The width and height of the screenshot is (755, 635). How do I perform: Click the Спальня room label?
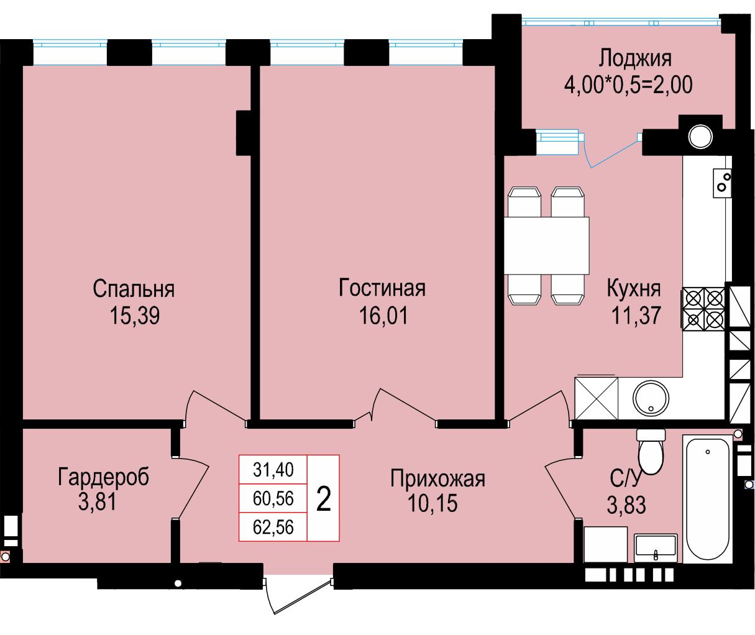coord(134,288)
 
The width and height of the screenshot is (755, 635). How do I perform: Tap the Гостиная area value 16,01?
coord(383,315)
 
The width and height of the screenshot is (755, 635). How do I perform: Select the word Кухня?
coord(633,288)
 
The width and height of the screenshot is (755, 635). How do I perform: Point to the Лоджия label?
coord(635,58)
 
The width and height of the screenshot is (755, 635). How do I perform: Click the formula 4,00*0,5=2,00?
coord(628,85)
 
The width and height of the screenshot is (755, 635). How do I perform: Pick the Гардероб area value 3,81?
coord(98,501)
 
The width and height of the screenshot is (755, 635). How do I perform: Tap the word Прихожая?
coord(437,478)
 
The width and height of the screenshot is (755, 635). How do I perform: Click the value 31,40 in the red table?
coord(273,470)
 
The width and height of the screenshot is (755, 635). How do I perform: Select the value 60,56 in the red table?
coord(273,498)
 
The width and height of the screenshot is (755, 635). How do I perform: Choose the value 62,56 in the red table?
coord(273,528)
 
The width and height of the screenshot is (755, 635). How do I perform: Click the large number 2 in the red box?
coord(323,499)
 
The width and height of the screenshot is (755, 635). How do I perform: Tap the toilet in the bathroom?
coord(651,452)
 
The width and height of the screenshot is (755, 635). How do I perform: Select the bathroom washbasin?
coord(656,547)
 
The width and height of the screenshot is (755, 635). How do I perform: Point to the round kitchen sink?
coord(651,398)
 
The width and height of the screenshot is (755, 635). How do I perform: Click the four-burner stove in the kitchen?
coord(703,309)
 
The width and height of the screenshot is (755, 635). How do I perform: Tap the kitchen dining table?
coord(546,245)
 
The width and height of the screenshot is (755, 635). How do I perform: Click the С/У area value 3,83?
coord(626,505)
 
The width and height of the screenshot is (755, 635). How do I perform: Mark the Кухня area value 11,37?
coord(636,315)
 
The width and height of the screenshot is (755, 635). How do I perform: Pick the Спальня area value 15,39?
coord(134,315)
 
